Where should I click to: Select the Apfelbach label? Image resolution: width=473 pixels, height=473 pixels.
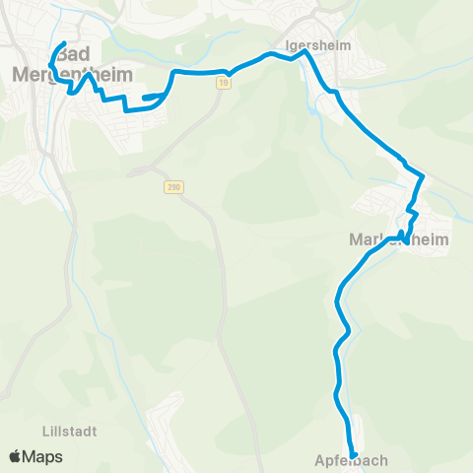point(352,460)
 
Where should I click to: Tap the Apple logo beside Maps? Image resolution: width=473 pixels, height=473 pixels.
point(16,456)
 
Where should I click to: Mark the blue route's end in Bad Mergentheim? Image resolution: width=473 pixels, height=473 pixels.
point(64,43)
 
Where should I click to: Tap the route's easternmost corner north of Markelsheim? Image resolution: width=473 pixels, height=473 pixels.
point(424,176)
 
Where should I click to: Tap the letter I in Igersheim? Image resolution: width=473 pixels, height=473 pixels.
point(286,44)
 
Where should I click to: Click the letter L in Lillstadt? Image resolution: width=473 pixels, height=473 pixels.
point(47,431)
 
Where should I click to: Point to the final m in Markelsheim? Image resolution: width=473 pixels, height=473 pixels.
point(441,239)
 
